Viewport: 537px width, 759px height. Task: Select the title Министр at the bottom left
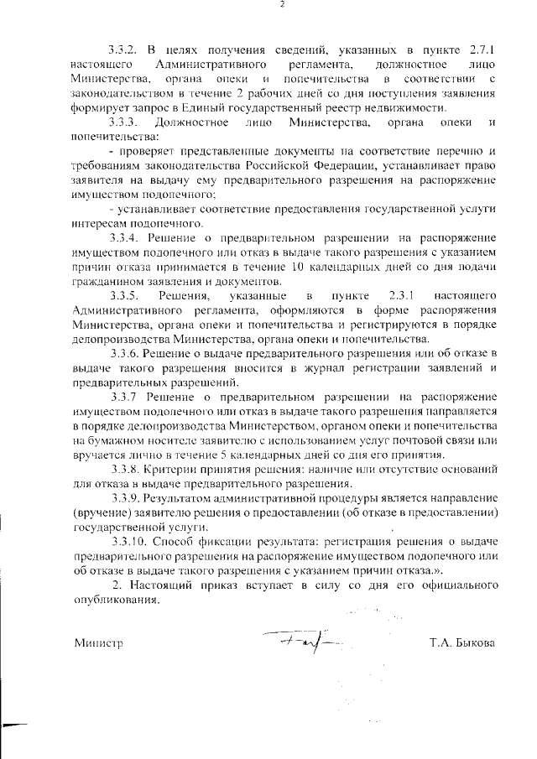coord(98,643)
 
